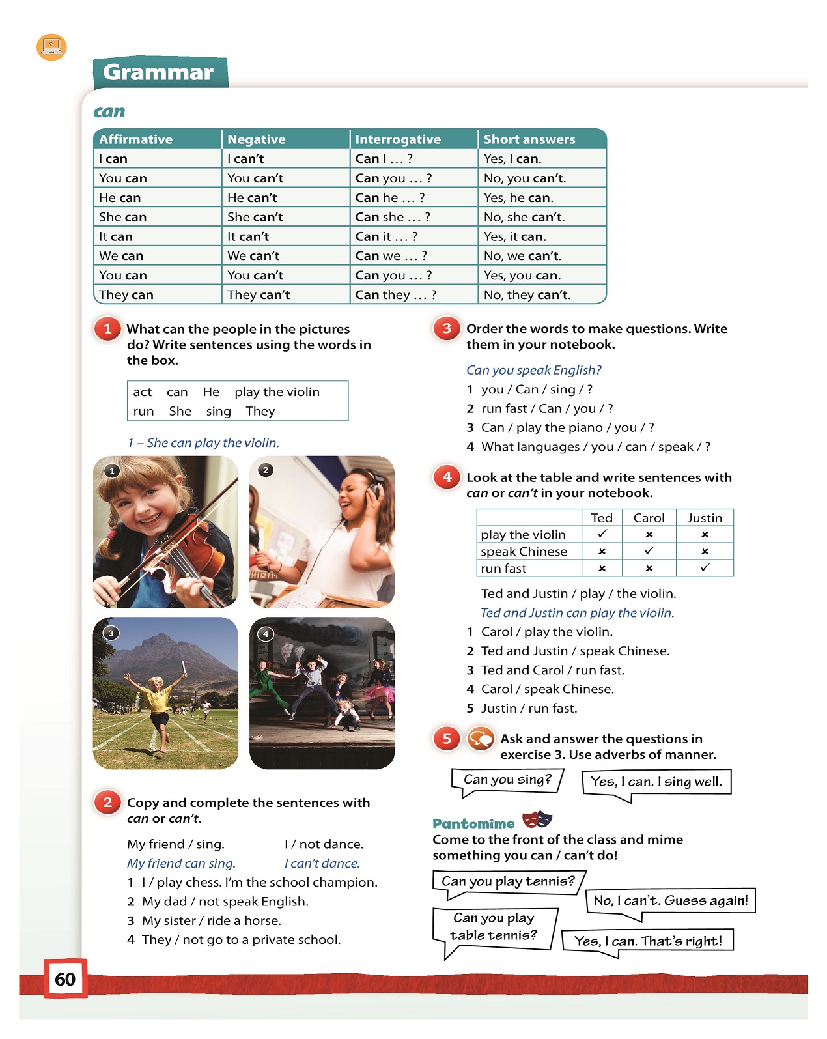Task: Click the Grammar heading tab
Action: pyautogui.click(x=159, y=72)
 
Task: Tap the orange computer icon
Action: pyautogui.click(x=51, y=48)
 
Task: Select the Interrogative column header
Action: pyautogui.click(x=398, y=139)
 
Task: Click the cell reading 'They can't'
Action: pyautogui.click(x=259, y=295)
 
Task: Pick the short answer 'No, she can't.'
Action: pyautogui.click(x=524, y=217)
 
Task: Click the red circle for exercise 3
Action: pyautogui.click(x=447, y=329)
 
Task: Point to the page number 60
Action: pyautogui.click(x=65, y=979)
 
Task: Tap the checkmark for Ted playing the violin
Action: pyautogui.click(x=602, y=534)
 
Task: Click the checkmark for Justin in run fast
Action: pyautogui.click(x=705, y=568)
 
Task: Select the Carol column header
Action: pyautogui.click(x=649, y=518)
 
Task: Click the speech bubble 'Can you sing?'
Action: pyautogui.click(x=507, y=780)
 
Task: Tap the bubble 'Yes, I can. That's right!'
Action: pyautogui.click(x=647, y=941)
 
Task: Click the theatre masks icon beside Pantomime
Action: pyautogui.click(x=537, y=819)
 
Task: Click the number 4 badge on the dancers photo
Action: pyautogui.click(x=266, y=634)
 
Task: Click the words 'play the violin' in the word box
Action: pyautogui.click(x=277, y=392)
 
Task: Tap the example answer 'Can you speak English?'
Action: pyautogui.click(x=533, y=370)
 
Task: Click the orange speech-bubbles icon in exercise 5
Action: pyautogui.click(x=481, y=739)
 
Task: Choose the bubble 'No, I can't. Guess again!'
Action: pyautogui.click(x=671, y=901)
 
